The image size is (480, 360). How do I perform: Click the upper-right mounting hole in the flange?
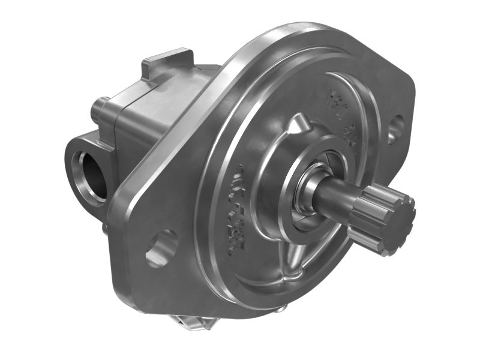[x=395, y=128]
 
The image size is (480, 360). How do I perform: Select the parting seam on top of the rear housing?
[x=174, y=81]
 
